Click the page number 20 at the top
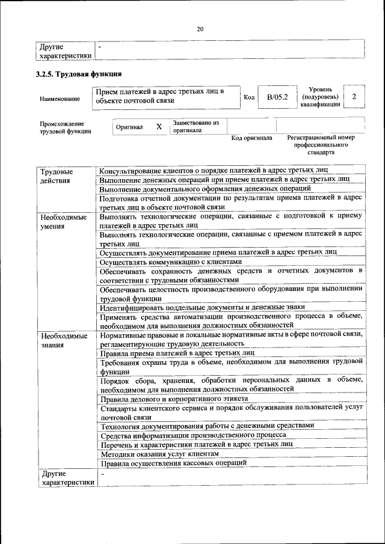[x=200, y=28]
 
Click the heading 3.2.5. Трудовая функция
[x=79, y=75]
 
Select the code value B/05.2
[x=278, y=97]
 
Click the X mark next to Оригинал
[x=159, y=127]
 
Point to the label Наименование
[x=60, y=98]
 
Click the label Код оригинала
[x=252, y=138]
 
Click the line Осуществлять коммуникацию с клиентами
[x=171, y=262]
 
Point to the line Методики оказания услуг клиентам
[x=159, y=454]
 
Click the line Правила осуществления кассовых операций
[x=174, y=463]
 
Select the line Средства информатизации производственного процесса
[x=193, y=435]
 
